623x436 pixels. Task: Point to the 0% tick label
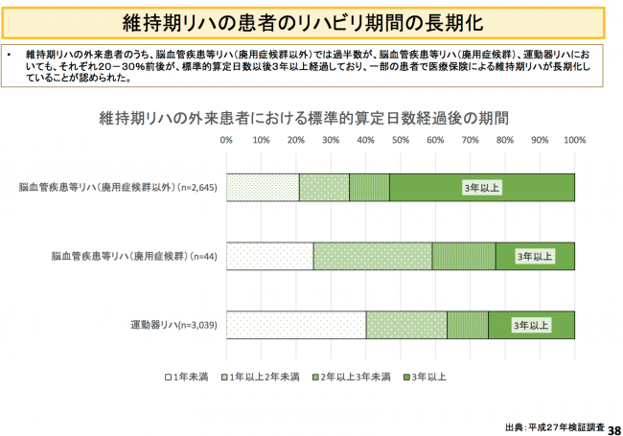click(x=227, y=140)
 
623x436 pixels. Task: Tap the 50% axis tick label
click(x=401, y=140)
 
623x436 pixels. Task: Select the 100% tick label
click(x=574, y=140)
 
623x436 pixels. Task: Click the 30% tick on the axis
click(x=332, y=140)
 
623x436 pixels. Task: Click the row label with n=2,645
click(x=124, y=188)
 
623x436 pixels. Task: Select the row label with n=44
click(x=135, y=257)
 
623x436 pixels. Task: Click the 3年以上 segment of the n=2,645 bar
click(x=482, y=188)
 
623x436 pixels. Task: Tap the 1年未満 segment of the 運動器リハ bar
click(x=296, y=326)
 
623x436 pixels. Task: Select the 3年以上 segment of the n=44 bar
click(x=535, y=257)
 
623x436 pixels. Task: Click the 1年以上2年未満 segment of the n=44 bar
click(x=372, y=257)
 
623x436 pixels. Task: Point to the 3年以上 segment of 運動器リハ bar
click(x=531, y=326)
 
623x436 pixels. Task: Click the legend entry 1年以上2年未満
click(x=262, y=376)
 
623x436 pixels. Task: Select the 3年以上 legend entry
click(x=426, y=376)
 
